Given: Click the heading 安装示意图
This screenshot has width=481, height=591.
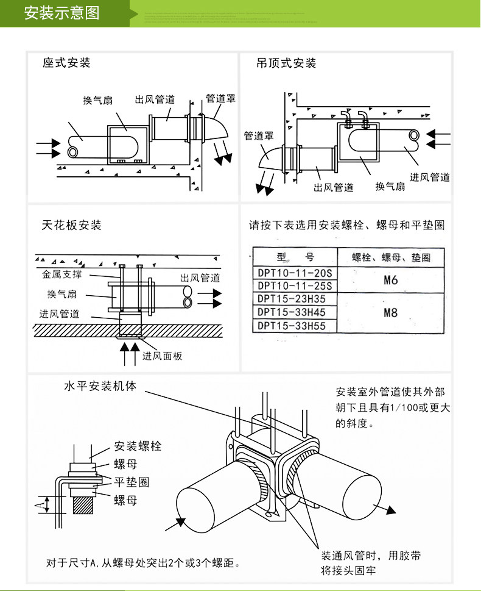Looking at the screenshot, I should point(61,13).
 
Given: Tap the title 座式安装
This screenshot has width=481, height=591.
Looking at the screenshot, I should point(66,63).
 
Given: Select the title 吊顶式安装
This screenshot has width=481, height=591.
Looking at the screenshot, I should point(286,63).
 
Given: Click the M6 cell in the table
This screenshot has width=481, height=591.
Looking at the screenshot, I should point(391,280).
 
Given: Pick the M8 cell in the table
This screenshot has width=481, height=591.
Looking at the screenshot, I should point(391,313).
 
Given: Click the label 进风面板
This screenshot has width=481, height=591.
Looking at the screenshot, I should point(163,356).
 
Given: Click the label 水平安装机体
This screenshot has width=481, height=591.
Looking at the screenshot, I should point(100,387).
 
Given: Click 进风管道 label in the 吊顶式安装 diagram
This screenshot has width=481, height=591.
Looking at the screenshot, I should point(430,177).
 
